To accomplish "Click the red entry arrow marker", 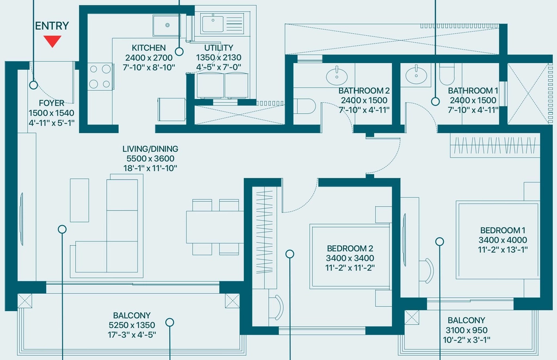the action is click(53, 41).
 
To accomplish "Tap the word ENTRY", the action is click(52, 26).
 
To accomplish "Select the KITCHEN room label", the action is click(148, 48).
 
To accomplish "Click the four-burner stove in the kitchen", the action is click(100, 76).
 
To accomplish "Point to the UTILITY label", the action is click(219, 48).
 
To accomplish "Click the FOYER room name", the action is click(52, 103).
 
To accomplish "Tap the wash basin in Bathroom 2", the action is click(337, 75).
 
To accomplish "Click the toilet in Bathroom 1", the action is click(447, 74).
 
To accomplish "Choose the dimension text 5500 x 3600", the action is click(150, 159).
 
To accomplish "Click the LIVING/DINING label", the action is click(150, 149).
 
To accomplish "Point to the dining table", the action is click(214, 227).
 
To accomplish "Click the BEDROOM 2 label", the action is click(350, 249).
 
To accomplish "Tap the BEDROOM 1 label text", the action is click(503, 231).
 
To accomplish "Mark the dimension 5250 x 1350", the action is click(132, 325).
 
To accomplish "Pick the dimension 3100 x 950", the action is click(466, 330).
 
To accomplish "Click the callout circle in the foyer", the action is click(33, 85).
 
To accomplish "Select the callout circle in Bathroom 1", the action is click(435, 102).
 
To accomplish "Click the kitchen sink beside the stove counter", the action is click(166, 25).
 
